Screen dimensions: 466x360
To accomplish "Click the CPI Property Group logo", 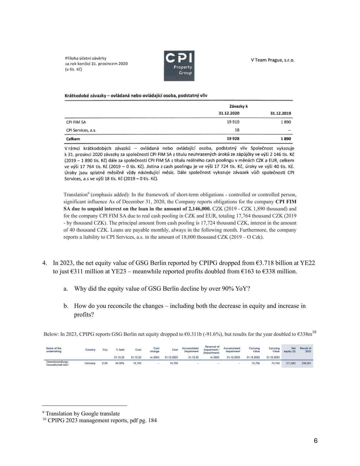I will coord(179,66).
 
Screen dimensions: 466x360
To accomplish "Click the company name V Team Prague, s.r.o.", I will coord(272,60).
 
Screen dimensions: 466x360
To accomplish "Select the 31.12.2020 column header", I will coord(229,113).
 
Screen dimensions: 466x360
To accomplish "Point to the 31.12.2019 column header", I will coord(280,113).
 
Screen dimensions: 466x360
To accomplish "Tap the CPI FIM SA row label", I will coord(76,122).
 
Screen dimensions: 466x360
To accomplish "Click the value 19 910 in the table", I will coord(233,122).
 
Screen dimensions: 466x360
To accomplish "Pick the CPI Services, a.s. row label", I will coord(81,130).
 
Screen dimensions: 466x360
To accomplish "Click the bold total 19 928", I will coord(233,139).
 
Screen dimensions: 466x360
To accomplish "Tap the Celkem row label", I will coord(73,139).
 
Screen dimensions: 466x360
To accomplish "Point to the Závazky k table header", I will coord(239,106).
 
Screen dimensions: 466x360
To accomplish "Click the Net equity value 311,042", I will coord(291,363).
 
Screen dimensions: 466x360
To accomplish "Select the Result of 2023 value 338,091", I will coord(306,363).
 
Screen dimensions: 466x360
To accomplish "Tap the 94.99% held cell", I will coord(120,363).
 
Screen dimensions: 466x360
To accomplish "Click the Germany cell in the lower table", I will coord(90,363).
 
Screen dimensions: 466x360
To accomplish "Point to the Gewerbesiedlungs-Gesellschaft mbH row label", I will coord(57,363).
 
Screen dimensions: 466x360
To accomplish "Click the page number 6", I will coord(315,441).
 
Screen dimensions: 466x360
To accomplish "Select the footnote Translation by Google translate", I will coord(82,413).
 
